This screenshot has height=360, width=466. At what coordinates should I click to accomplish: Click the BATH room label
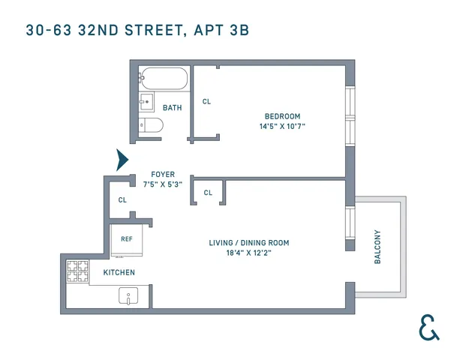pyautogui.click(x=172, y=108)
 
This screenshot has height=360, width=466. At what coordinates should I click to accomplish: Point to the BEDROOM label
pyautogui.click(x=282, y=115)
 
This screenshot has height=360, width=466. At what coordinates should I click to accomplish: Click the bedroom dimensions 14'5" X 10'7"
pyautogui.click(x=282, y=126)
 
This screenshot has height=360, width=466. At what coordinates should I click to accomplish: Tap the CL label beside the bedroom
pyautogui.click(x=206, y=101)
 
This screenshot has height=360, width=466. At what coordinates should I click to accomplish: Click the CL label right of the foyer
pyautogui.click(x=208, y=193)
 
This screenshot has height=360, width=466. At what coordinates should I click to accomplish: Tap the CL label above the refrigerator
pyautogui.click(x=122, y=200)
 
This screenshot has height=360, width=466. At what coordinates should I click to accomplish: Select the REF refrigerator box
pyautogui.click(x=126, y=238)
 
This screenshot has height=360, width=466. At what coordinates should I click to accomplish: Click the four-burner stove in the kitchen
pyautogui.click(x=78, y=270)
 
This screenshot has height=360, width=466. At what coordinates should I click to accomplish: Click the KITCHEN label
pyautogui.click(x=119, y=272)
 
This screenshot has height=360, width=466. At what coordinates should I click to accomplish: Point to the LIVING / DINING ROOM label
pyautogui.click(x=248, y=243)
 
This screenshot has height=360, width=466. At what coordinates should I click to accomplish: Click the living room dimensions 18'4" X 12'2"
pyautogui.click(x=248, y=253)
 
